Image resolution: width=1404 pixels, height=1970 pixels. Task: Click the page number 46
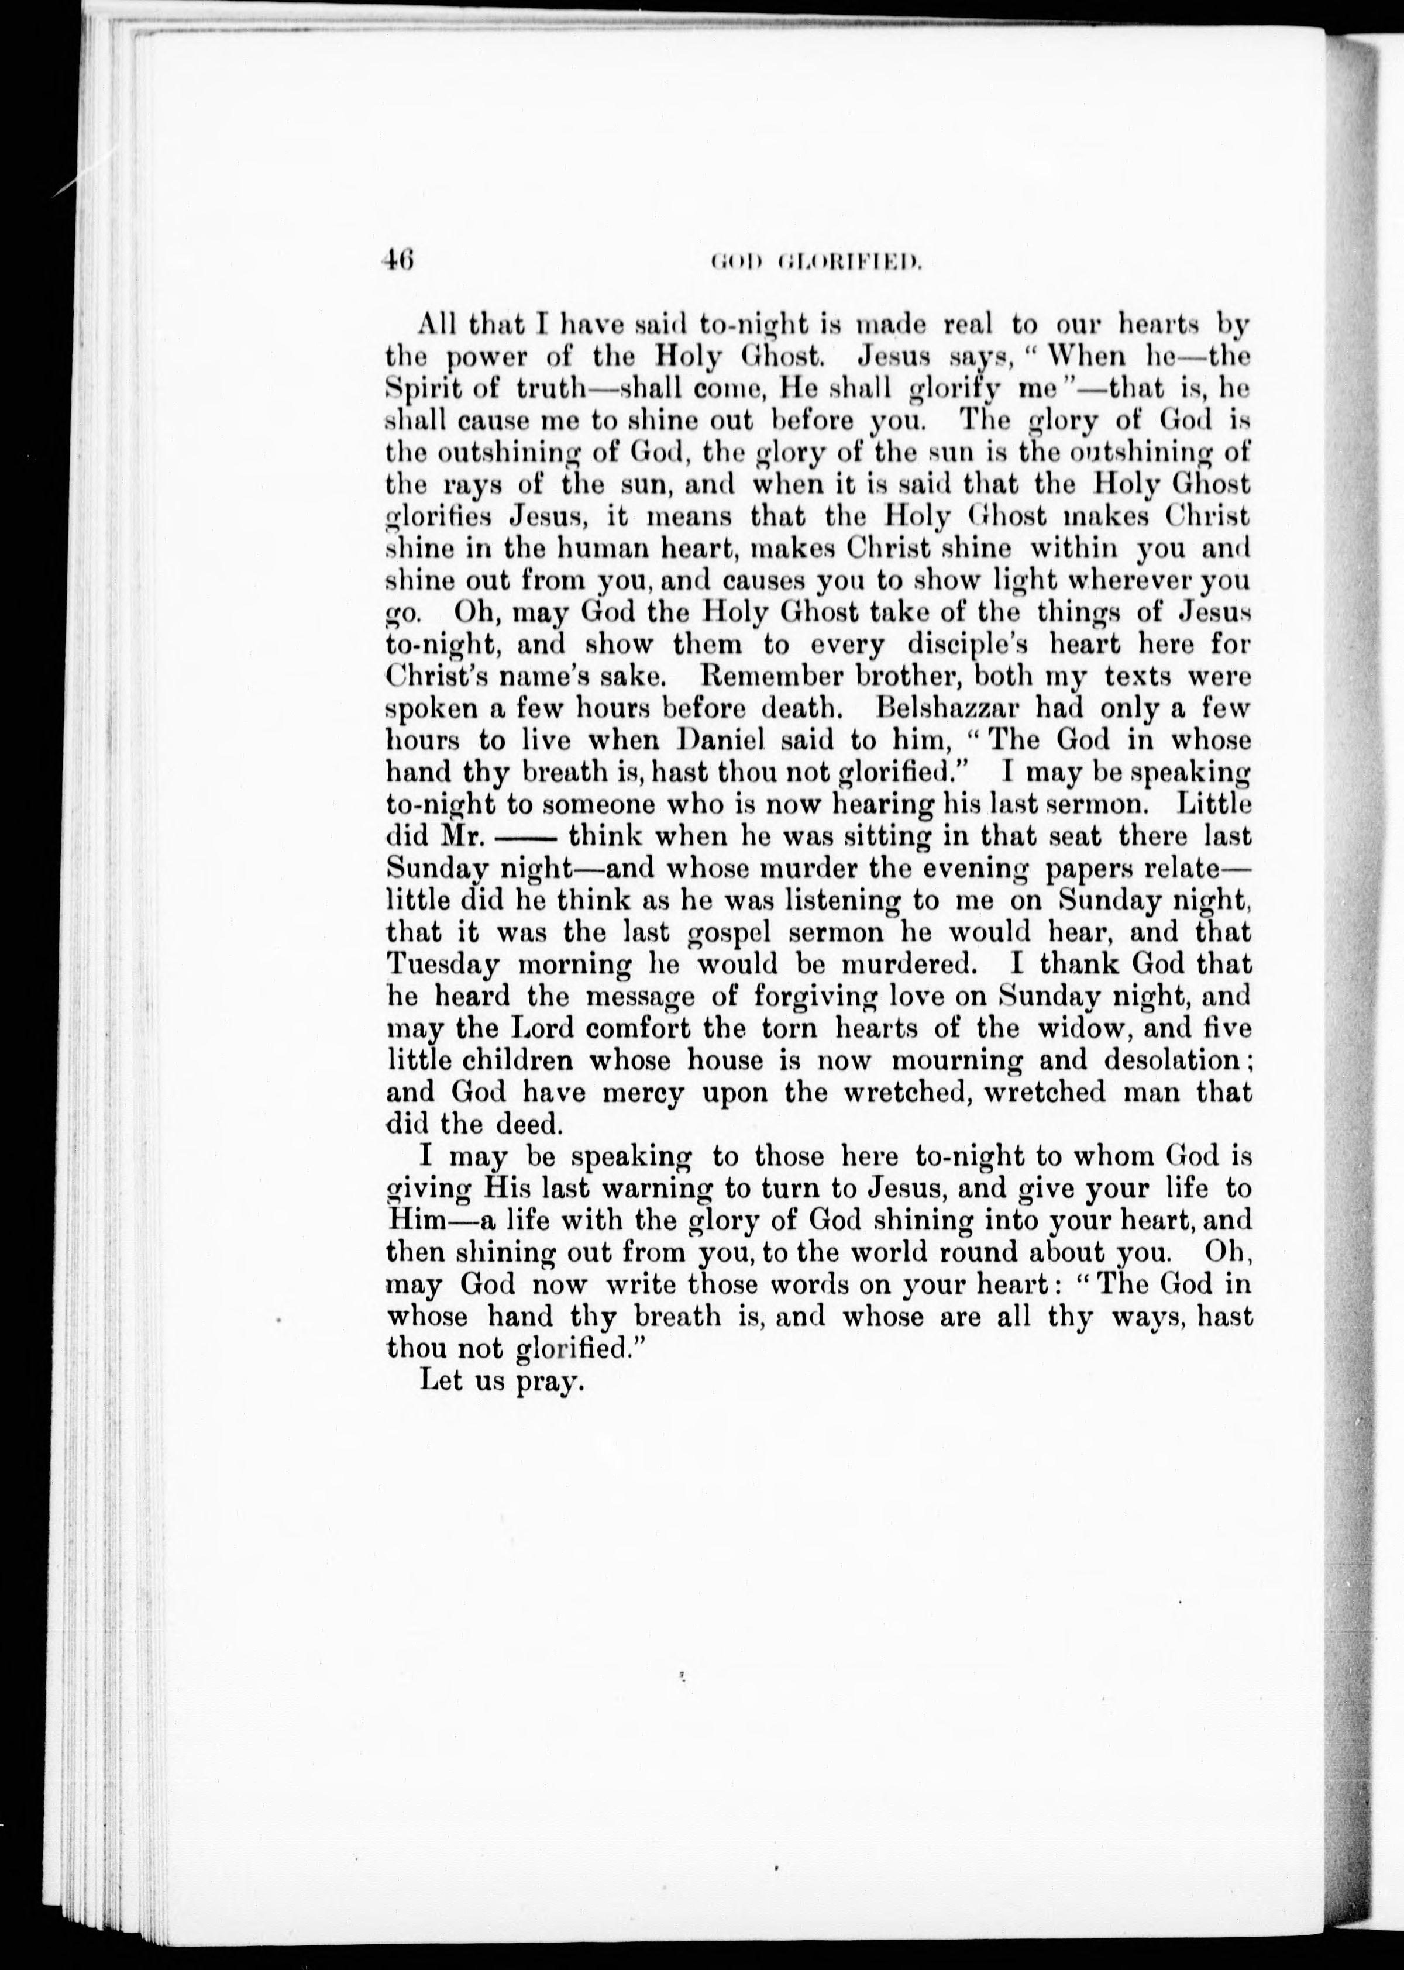click(400, 259)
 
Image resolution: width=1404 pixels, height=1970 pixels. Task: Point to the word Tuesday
click(440, 964)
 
